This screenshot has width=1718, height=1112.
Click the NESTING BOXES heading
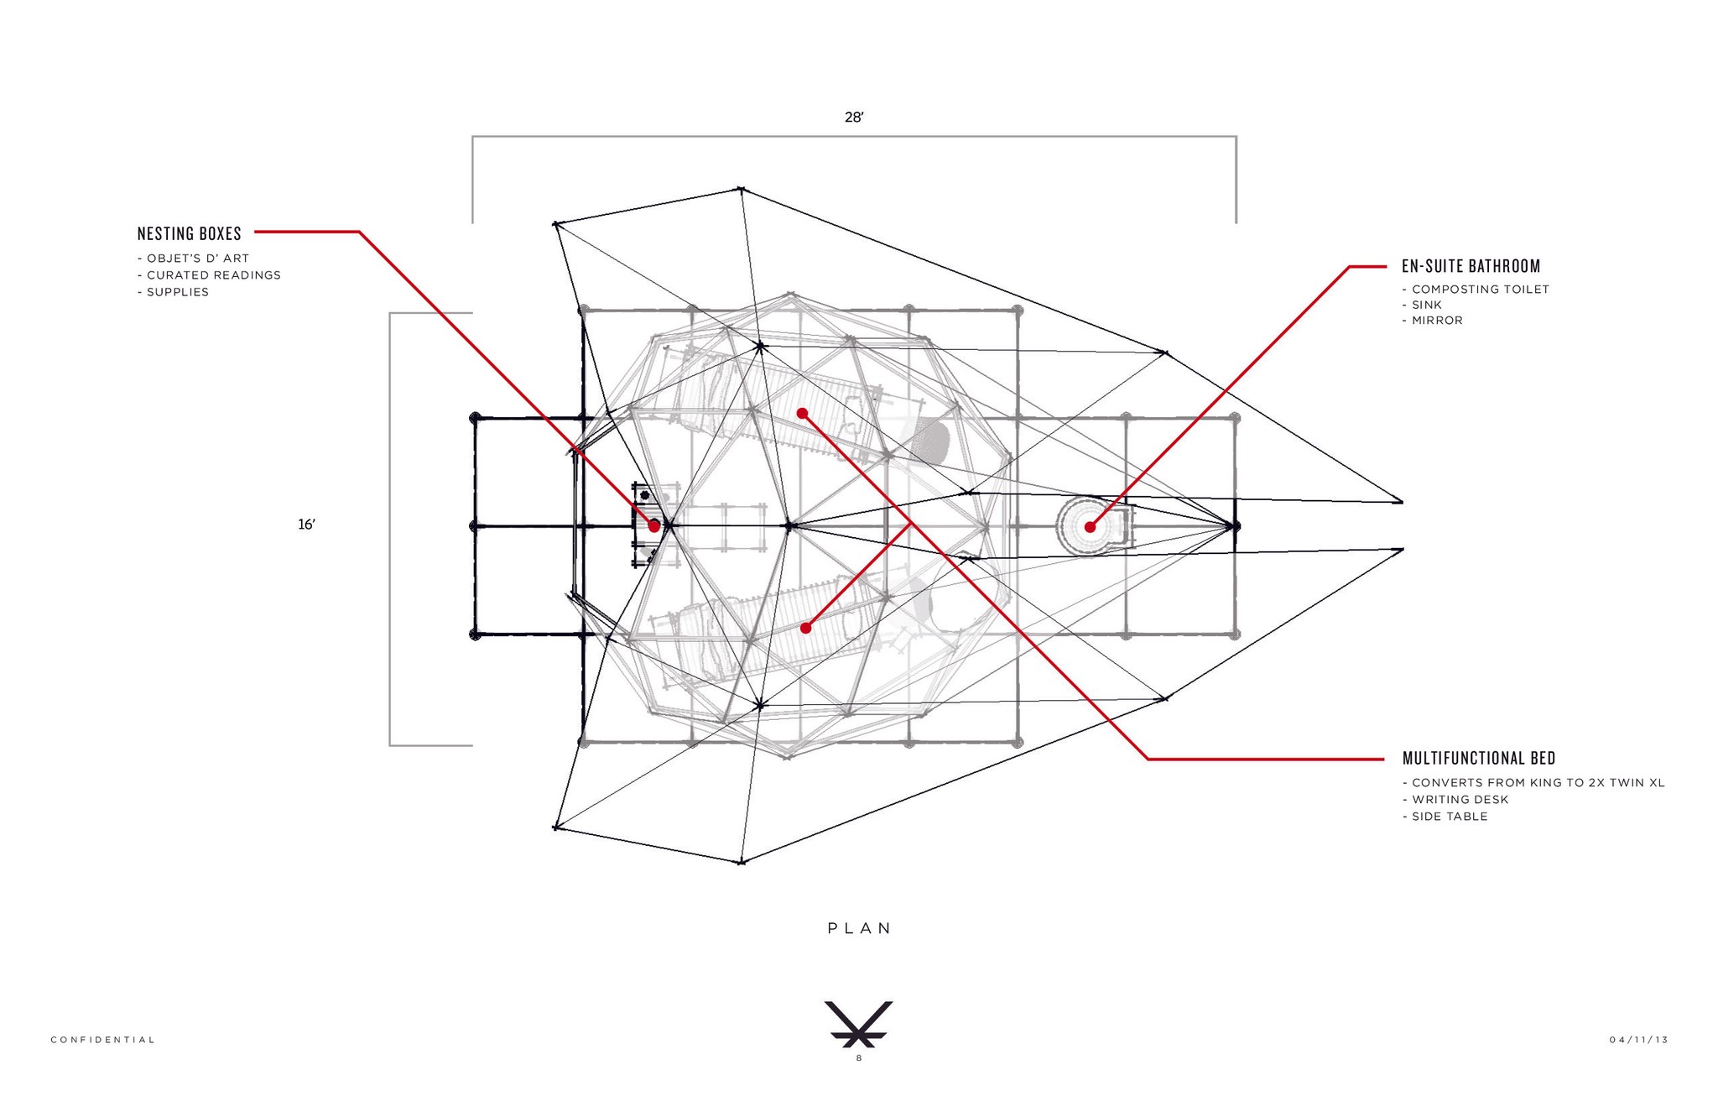click(190, 233)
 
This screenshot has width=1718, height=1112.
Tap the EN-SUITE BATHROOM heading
click(1471, 266)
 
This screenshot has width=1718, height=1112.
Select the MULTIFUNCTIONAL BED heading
click(1479, 759)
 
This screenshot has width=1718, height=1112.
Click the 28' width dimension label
click(854, 117)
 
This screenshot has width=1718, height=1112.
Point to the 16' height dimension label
click(307, 525)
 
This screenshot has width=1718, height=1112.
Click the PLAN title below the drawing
click(859, 928)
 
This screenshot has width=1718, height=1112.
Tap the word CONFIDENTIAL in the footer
click(103, 1040)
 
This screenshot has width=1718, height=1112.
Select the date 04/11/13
click(1638, 1040)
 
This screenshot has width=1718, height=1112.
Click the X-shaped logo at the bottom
click(859, 1024)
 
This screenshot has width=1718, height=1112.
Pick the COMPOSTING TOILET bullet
click(1476, 290)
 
